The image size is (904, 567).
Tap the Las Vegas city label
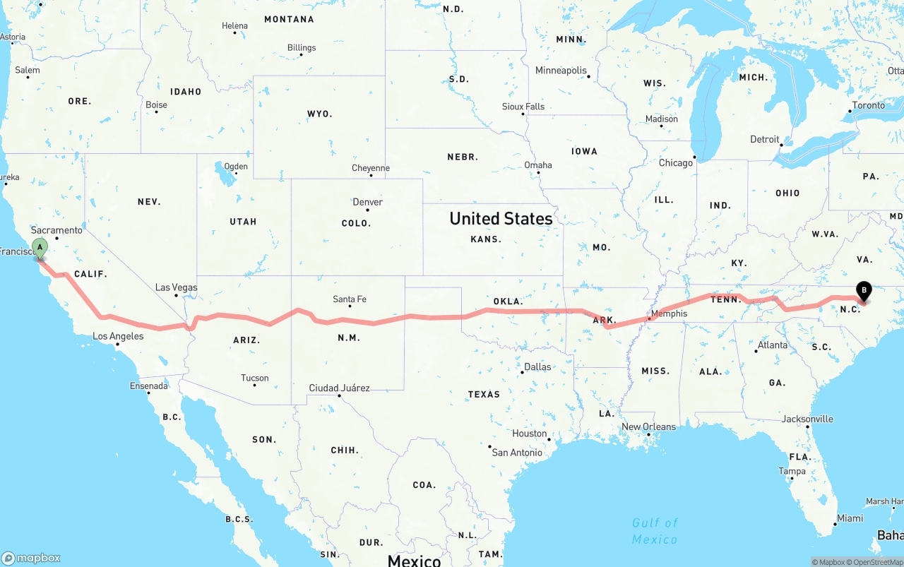point(177,287)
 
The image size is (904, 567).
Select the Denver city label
point(368,202)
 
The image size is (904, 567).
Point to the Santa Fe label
point(350,299)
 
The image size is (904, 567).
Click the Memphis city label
point(669,314)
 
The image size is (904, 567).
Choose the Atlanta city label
point(773,345)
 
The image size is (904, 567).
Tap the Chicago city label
point(676,163)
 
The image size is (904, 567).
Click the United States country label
point(501,219)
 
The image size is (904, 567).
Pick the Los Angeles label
point(118,336)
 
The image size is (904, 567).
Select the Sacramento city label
point(56,230)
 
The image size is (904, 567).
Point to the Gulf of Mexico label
point(655,531)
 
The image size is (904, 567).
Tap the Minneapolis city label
point(561,71)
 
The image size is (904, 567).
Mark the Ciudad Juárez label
point(339,388)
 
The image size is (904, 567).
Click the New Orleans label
point(648,427)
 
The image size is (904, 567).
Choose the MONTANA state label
point(289,19)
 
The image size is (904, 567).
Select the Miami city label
point(850,518)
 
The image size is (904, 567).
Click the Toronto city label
point(868,105)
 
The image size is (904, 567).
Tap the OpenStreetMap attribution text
point(878,562)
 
